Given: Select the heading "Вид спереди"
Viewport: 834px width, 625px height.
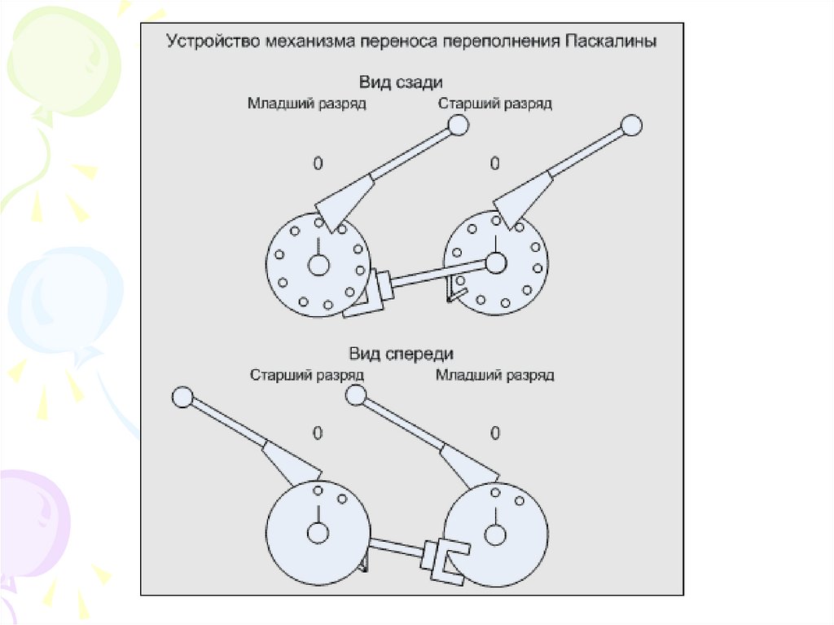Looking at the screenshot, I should click(401, 354).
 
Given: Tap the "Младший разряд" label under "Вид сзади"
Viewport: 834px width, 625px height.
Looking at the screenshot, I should click(307, 103).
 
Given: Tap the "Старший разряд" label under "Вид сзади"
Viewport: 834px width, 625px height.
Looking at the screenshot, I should click(494, 103).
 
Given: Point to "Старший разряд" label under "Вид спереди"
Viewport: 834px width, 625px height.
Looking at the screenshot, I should click(306, 376).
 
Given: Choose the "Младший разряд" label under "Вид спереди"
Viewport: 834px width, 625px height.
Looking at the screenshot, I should click(494, 376).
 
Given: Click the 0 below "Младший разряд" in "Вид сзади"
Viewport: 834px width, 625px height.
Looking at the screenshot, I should click(318, 164).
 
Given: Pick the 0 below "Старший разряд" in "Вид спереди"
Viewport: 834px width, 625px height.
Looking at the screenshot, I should click(318, 433).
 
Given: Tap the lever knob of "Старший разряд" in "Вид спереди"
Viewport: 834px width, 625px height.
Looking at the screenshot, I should click(181, 397).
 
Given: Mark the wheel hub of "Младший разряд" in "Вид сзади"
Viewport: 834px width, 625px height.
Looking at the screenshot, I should click(318, 264).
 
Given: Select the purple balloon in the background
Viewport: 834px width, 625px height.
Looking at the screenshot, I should click(33, 522).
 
